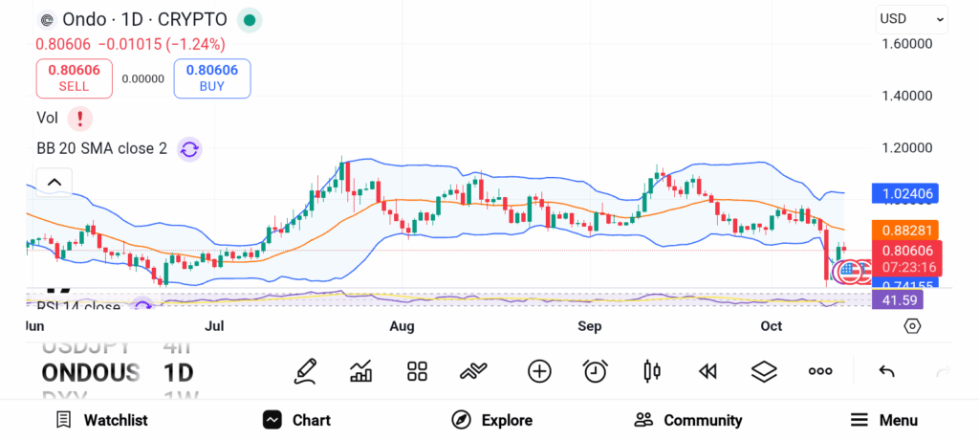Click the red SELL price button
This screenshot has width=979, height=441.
(74, 77)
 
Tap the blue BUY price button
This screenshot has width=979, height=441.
(211, 77)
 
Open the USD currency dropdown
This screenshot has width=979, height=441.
(911, 18)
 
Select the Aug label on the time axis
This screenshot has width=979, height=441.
(402, 326)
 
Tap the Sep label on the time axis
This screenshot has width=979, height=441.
(590, 326)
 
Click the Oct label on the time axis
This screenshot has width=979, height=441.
(771, 326)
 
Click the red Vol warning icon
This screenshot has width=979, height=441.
(79, 118)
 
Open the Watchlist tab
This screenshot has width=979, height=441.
(101, 420)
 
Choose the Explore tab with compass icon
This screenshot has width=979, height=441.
(491, 420)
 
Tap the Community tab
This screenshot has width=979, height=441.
(688, 420)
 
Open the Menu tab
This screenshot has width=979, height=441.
(883, 420)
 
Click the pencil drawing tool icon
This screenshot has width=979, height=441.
(305, 371)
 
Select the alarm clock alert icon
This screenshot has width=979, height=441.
(596, 371)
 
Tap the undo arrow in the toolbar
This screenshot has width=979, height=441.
(886, 371)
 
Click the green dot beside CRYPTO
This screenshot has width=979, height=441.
(249, 19)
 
